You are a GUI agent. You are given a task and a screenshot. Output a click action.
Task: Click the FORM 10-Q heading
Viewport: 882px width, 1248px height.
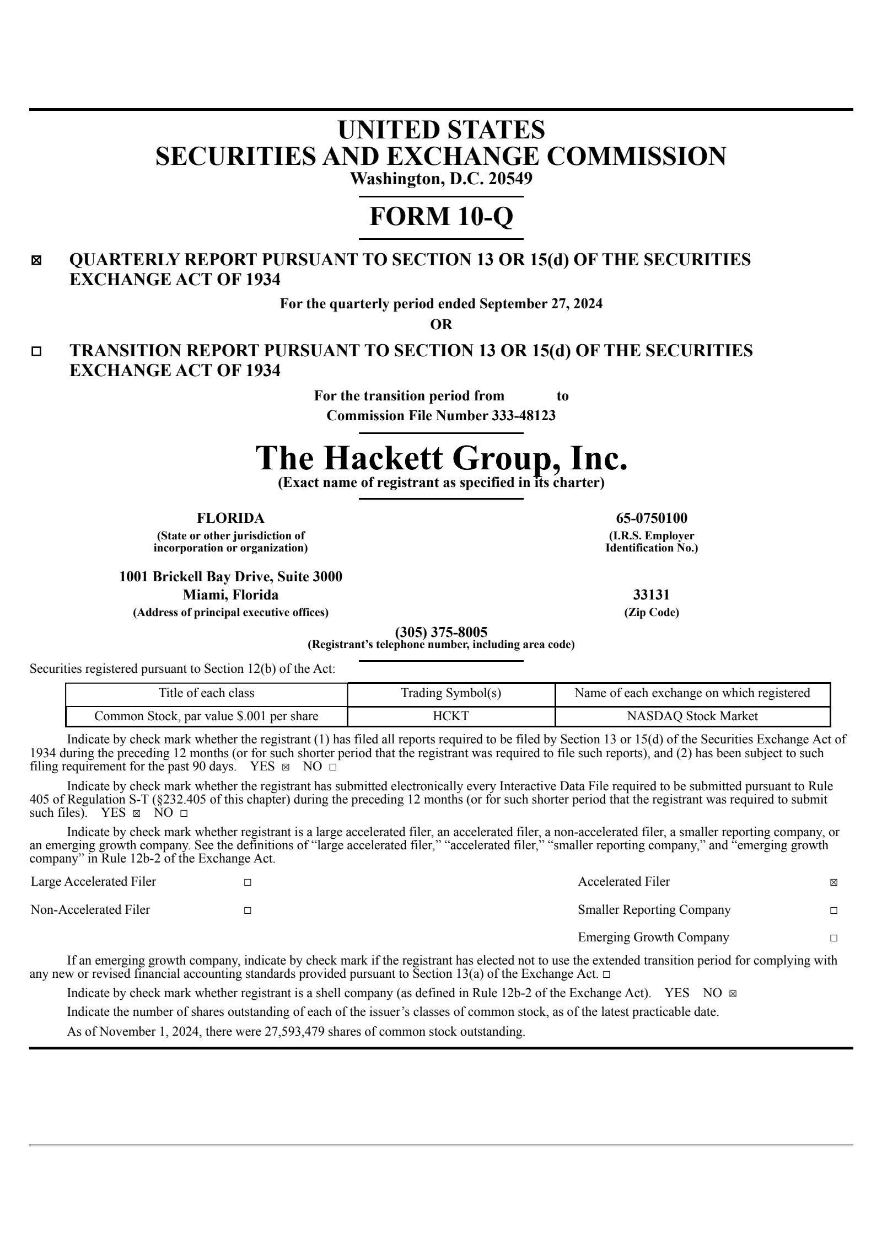(x=441, y=216)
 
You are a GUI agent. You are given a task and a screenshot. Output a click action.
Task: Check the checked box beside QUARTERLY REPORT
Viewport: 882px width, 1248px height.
(x=36, y=261)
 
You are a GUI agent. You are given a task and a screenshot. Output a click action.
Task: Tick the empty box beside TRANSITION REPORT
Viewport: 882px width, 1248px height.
(x=36, y=351)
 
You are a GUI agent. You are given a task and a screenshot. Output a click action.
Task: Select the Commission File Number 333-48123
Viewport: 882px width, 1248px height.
(x=441, y=415)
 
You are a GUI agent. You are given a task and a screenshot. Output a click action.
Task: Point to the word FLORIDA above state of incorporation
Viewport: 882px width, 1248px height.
(x=230, y=518)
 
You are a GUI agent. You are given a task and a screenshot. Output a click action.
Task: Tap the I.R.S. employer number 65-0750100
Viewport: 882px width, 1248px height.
(x=651, y=518)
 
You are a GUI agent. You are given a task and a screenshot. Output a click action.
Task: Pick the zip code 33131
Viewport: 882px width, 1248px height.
(x=651, y=595)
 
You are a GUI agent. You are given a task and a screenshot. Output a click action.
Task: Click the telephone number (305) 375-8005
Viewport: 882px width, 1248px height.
(x=441, y=632)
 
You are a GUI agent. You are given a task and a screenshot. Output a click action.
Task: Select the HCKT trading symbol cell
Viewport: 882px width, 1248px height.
(x=451, y=716)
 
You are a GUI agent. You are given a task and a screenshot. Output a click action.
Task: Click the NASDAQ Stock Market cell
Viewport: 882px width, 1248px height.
(x=692, y=716)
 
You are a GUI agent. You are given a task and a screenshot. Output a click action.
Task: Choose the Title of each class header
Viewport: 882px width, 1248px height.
(x=206, y=693)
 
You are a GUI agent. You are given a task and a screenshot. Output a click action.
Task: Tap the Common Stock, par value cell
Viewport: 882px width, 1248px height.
(x=206, y=716)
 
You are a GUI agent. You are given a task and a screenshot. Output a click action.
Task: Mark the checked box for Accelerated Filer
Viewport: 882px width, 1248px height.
(x=833, y=882)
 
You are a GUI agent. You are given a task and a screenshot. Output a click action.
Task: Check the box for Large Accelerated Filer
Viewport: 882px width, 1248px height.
(x=248, y=882)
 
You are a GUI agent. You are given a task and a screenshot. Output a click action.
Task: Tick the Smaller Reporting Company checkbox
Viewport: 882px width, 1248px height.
(x=833, y=910)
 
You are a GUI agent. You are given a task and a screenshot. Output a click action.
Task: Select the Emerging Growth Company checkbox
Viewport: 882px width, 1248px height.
(x=833, y=938)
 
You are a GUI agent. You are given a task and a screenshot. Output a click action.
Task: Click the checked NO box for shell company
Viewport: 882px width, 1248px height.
(x=733, y=994)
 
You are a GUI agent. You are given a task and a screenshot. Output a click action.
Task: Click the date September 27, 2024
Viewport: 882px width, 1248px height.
(x=541, y=304)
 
